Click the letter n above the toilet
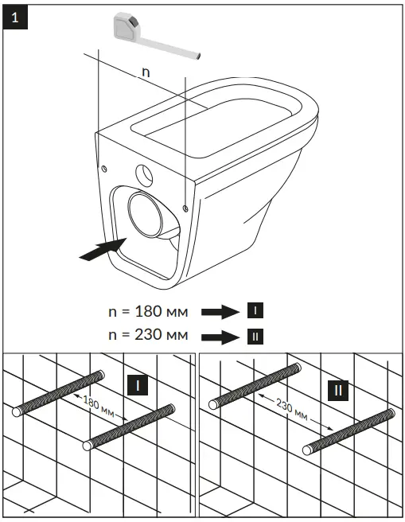[145, 72]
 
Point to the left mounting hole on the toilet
[104, 167]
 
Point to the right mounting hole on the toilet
[185, 208]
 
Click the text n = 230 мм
[148, 335]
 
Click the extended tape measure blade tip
[197, 55]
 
